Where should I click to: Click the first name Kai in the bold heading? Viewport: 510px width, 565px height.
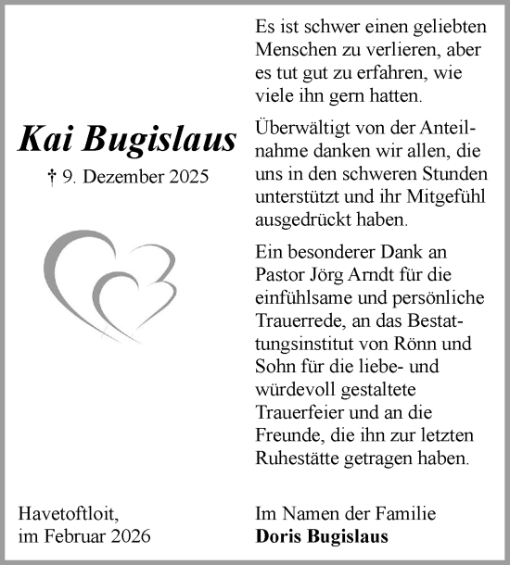click(x=46, y=139)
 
